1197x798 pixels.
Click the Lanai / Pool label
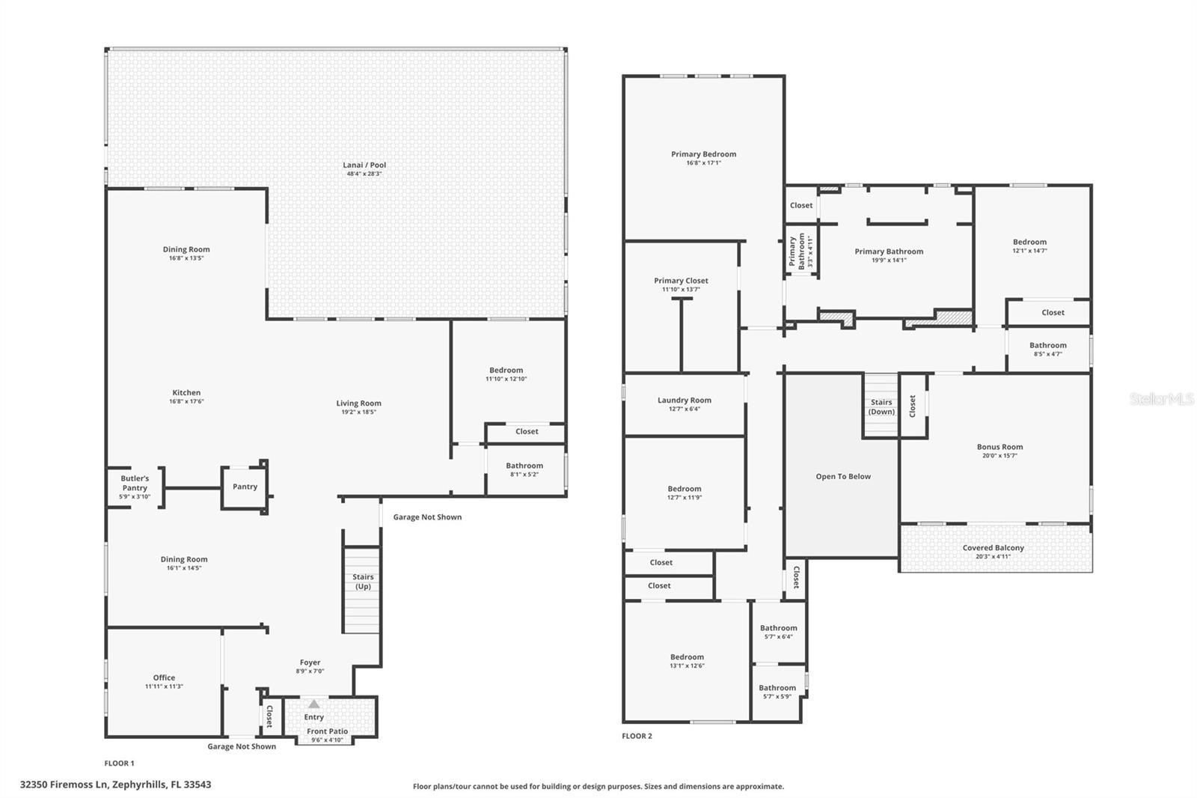(x=364, y=165)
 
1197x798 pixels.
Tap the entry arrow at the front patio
(x=314, y=704)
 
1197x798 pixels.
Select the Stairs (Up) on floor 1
(x=363, y=582)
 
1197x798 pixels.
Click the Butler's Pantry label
(x=135, y=483)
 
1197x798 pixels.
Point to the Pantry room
(x=245, y=487)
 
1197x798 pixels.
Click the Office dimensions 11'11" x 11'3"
(x=164, y=686)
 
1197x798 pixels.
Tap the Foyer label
(x=310, y=663)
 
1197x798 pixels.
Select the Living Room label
(x=358, y=403)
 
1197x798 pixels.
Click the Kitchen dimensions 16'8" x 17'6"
(x=186, y=401)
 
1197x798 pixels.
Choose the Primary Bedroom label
(x=703, y=154)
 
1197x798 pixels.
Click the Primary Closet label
(x=681, y=281)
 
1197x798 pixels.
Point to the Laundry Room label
(x=684, y=400)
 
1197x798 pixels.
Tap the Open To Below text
(x=843, y=476)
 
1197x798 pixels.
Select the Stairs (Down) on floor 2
(x=881, y=406)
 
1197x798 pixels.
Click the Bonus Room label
(x=999, y=447)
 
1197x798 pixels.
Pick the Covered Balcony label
(x=993, y=548)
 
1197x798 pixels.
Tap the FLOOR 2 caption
(x=637, y=736)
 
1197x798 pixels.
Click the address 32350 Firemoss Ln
(x=115, y=785)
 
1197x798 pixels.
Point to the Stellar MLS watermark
(x=1161, y=400)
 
